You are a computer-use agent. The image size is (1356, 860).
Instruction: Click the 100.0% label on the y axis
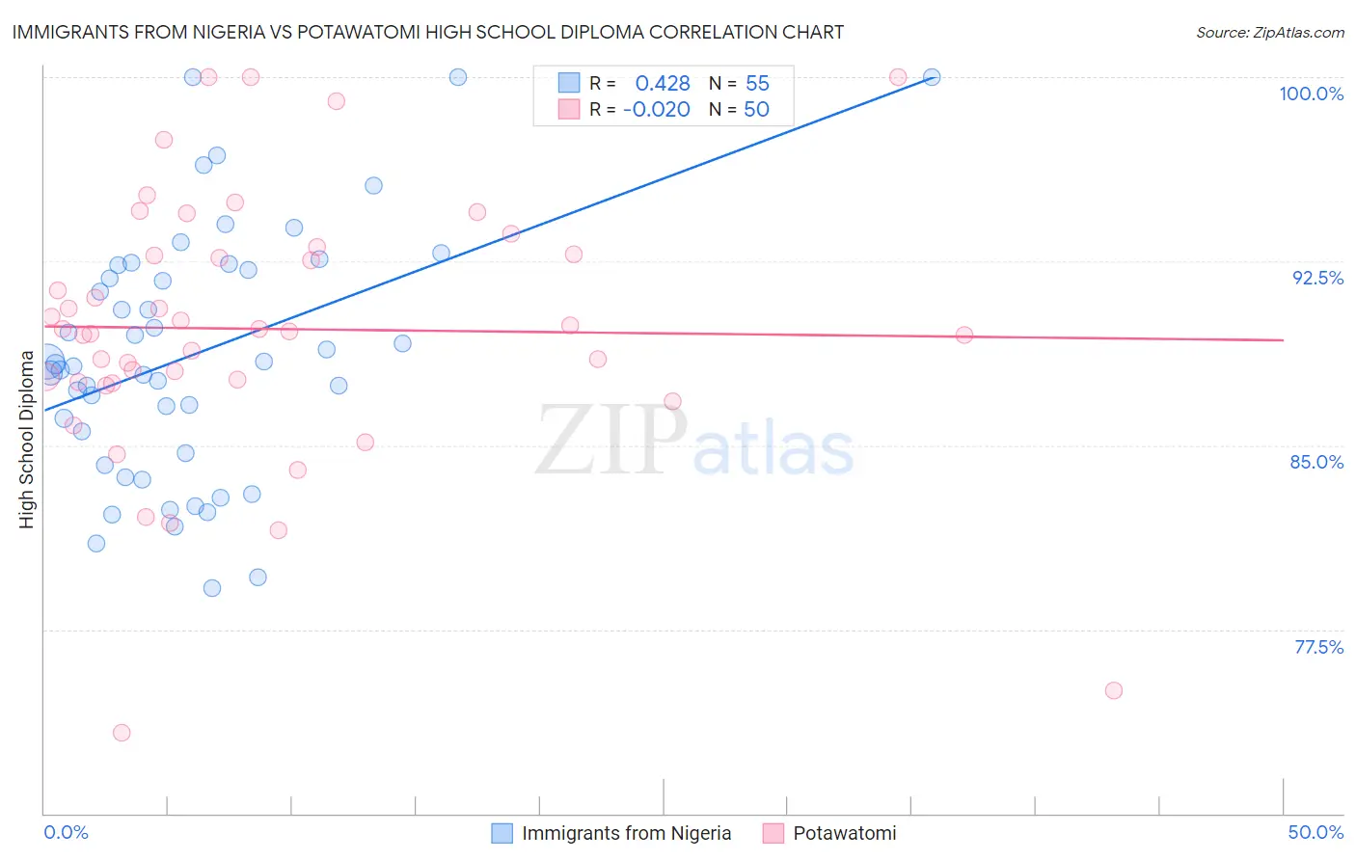point(1311,94)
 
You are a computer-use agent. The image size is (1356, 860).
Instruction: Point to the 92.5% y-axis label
point(1317,278)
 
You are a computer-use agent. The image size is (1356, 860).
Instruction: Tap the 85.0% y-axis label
point(1316,462)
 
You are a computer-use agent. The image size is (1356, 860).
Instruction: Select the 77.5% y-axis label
point(1318,647)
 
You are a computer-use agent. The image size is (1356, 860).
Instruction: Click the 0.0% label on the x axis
point(66,832)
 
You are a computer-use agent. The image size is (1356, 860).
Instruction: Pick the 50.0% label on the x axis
point(1315,832)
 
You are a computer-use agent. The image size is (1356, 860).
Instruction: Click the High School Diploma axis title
point(27,440)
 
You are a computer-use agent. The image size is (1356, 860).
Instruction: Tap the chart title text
point(427,32)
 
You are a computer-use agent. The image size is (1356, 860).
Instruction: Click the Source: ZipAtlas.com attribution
point(1269,33)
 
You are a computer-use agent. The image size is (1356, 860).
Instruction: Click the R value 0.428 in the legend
point(663,84)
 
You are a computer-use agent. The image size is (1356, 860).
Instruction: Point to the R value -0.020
point(657,110)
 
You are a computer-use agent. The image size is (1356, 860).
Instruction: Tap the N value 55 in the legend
point(757,84)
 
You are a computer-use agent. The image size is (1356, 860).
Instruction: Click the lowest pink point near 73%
point(122,733)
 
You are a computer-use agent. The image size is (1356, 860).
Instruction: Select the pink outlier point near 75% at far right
point(1114,690)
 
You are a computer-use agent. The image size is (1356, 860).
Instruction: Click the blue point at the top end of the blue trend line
point(932,77)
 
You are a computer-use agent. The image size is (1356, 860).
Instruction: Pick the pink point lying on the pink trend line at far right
point(964,336)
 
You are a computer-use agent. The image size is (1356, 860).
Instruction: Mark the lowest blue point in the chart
point(212,588)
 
